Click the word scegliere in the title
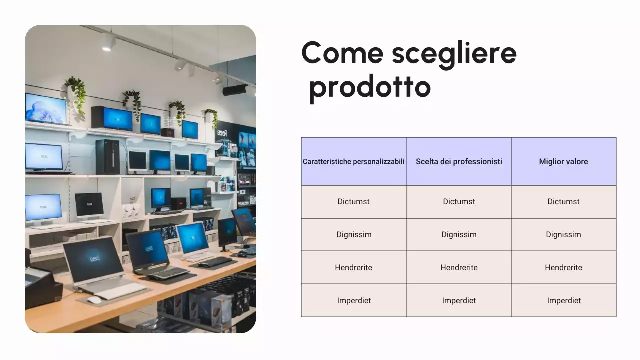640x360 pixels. click(454, 53)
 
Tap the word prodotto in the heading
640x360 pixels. click(370, 87)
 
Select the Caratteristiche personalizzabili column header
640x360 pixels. click(354, 161)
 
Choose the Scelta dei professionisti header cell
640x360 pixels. click(459, 161)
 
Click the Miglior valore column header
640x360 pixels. click(563, 161)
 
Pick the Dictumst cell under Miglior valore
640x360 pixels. click(563, 202)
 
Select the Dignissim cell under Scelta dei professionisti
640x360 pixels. click(459, 235)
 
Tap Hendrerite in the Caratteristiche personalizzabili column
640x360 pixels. click(354, 268)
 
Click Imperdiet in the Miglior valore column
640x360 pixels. click(563, 301)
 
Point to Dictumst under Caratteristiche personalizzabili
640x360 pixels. click(354, 202)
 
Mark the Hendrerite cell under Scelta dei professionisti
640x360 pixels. click(459, 268)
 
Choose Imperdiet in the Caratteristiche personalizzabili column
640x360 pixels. click(354, 301)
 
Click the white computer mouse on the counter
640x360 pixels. click(94, 300)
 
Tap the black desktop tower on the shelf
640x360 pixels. click(107, 157)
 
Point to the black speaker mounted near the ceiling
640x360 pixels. click(235, 90)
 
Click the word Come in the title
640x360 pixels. click(343, 53)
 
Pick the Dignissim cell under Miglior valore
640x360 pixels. click(563, 235)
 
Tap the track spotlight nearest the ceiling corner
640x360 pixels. click(108, 43)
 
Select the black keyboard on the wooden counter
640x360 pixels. click(215, 261)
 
